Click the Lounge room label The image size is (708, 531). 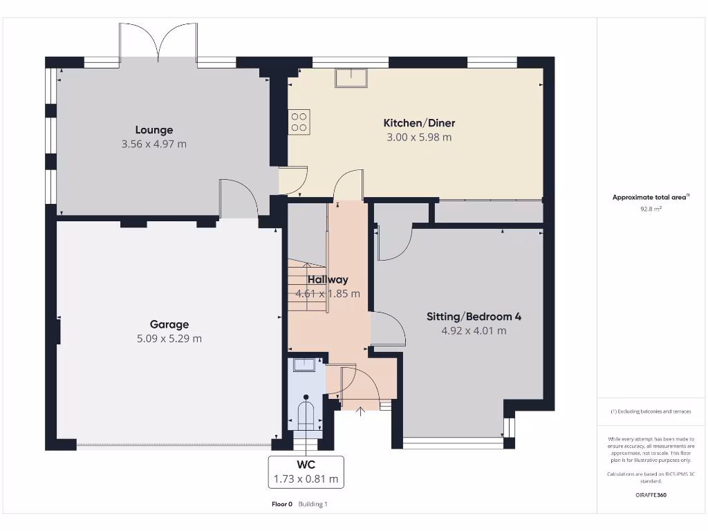(153, 130)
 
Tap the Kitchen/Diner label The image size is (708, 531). (419, 123)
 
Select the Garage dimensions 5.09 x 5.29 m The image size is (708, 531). (169, 338)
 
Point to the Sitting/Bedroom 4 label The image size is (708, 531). (474, 317)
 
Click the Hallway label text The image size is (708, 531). (328, 279)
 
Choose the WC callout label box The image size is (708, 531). (306, 470)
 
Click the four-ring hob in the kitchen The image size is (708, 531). (299, 122)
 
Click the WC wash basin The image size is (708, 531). (304, 364)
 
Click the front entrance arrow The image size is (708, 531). (359, 412)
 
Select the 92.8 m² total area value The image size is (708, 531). (651, 207)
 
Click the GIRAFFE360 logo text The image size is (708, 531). (651, 495)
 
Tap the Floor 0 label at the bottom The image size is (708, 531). (282, 504)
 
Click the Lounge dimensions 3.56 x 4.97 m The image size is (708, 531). (153, 145)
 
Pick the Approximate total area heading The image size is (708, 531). (651, 197)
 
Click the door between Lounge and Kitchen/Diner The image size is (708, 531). (294, 180)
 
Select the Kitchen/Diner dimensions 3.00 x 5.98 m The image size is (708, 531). (419, 138)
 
